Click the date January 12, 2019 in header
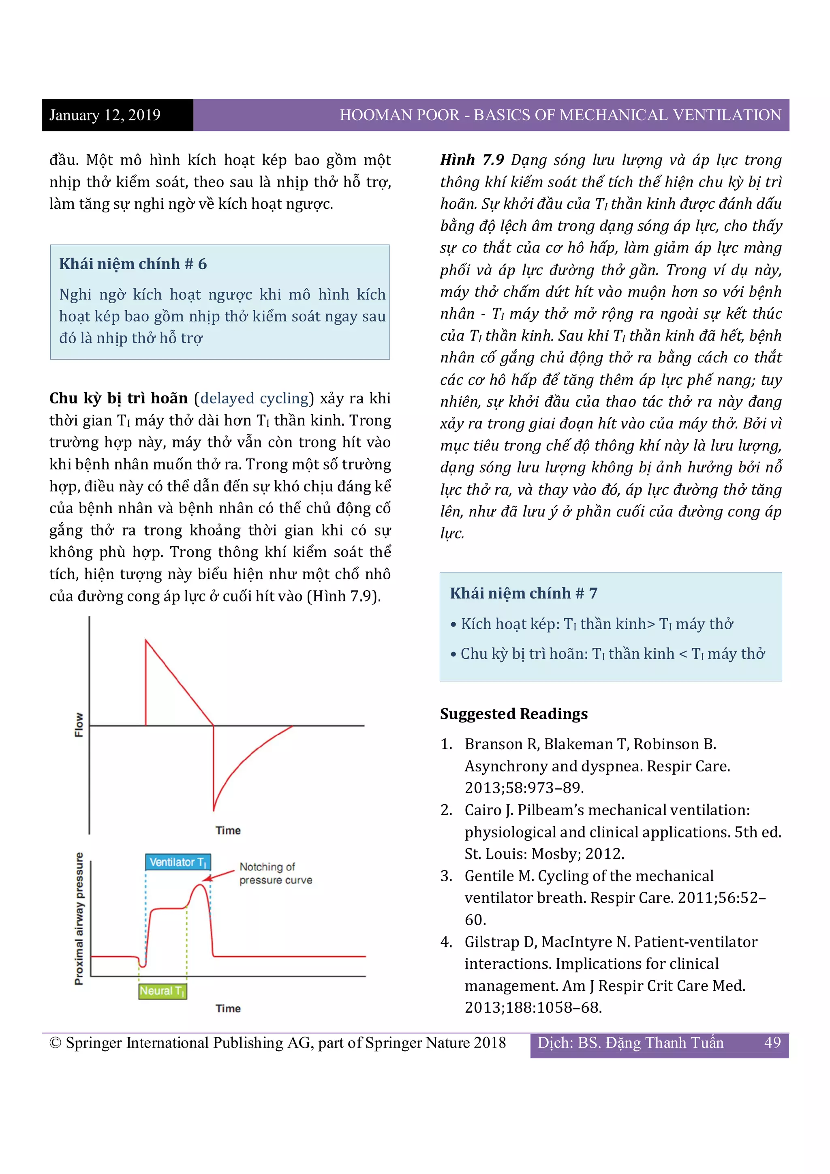105,115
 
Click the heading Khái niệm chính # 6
133,264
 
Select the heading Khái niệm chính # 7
523,593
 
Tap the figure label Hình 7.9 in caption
472,160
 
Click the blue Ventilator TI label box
178,862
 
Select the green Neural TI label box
163,991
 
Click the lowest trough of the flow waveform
214,810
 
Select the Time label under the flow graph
228,830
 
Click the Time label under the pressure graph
228,1008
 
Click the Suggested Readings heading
513,714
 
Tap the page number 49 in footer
772,1043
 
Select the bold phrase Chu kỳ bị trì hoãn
119,398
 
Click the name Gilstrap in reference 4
492,942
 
